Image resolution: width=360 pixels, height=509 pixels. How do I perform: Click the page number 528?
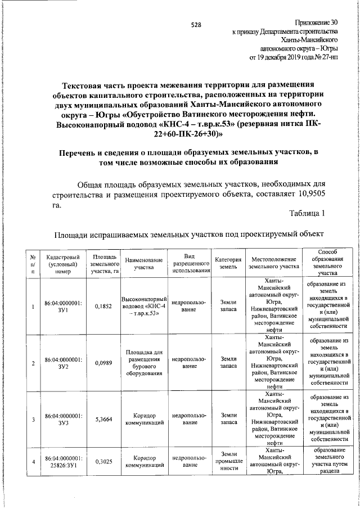196,25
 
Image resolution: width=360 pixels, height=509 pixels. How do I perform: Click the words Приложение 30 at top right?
317,22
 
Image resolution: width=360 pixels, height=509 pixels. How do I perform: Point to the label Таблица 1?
307,213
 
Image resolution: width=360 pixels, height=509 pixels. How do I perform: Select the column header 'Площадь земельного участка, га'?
105,263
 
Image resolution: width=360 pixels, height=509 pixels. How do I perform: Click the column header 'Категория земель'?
228,263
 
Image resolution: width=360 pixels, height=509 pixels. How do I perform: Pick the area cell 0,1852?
105,306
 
